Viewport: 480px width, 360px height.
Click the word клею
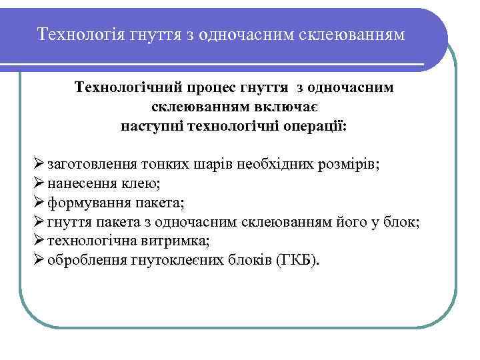[x=141, y=184]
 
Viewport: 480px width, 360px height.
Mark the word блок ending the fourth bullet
[x=402, y=221]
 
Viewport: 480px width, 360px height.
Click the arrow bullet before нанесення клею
[x=37, y=183]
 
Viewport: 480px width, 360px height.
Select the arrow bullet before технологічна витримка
[x=37, y=239]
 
